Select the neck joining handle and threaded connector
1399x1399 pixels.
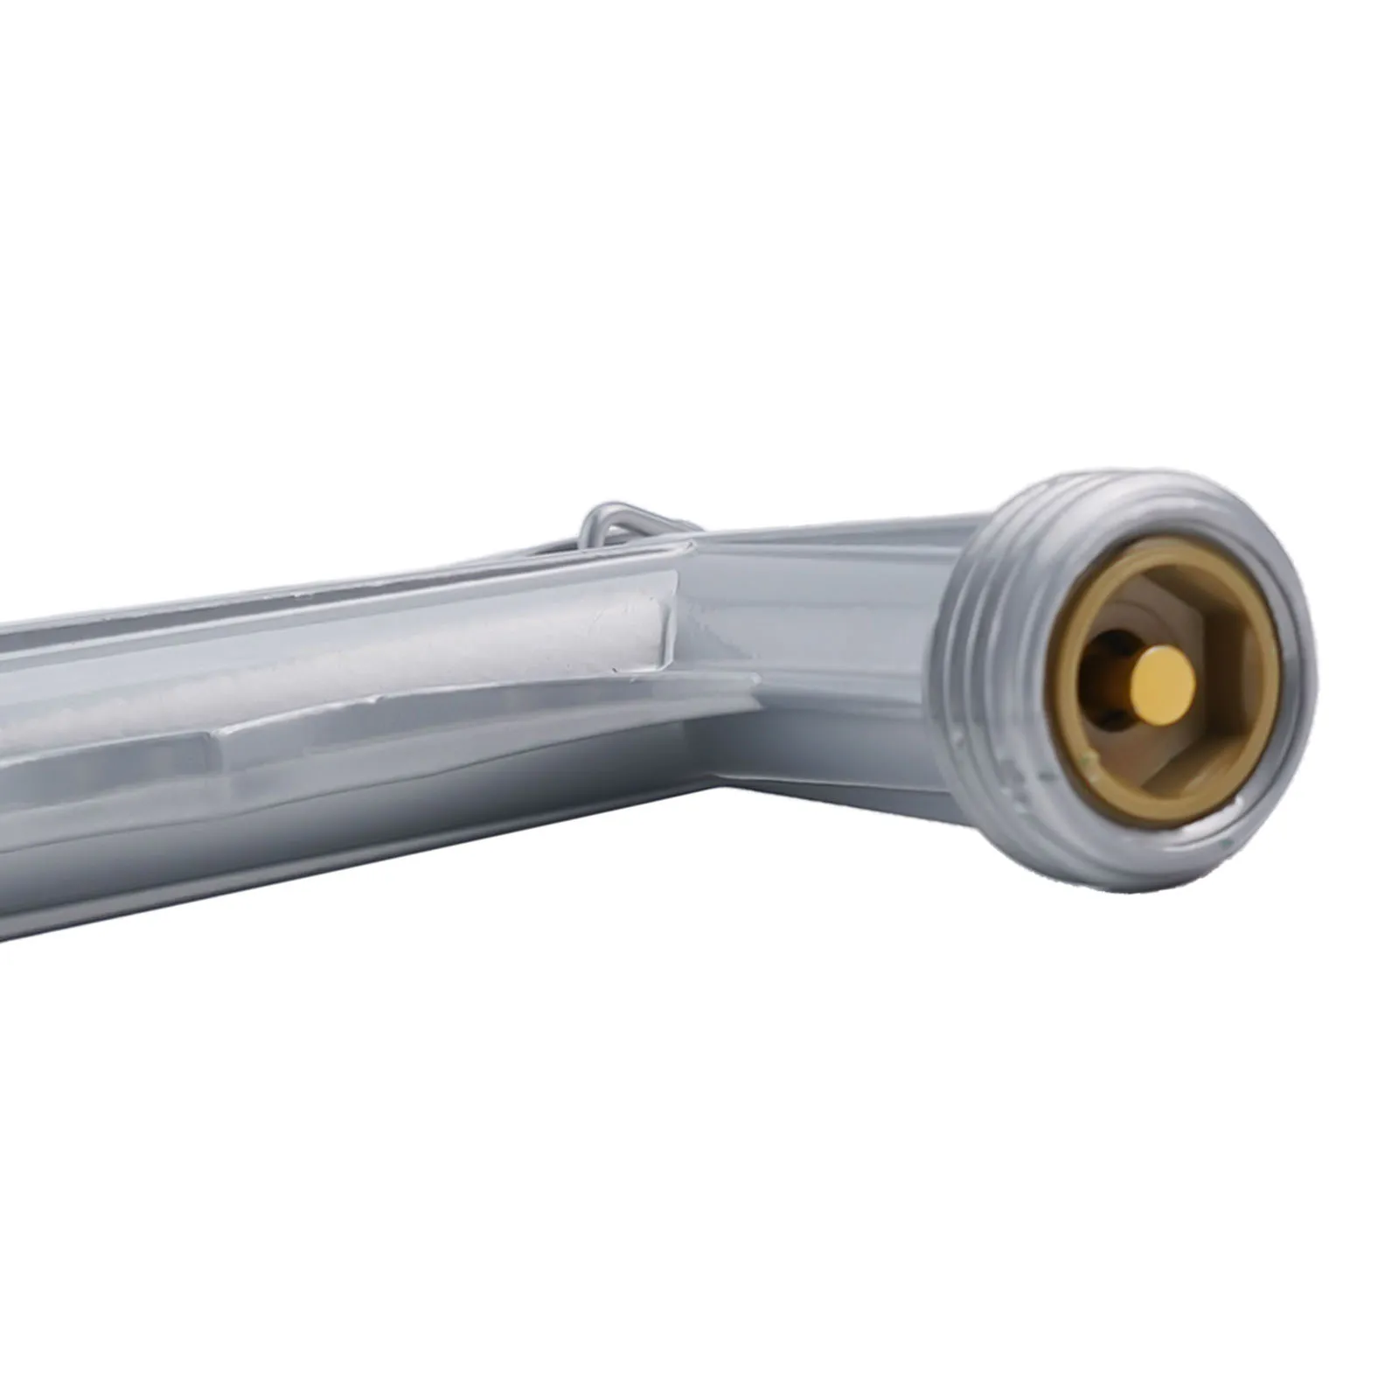click(x=831, y=612)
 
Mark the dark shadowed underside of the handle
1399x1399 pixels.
click(x=437, y=874)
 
